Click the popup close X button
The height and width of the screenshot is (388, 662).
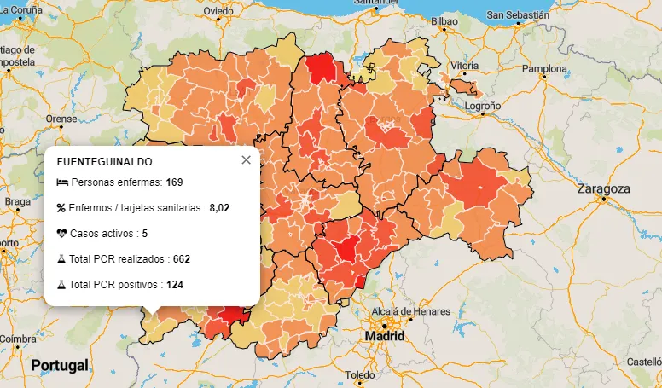click(x=246, y=159)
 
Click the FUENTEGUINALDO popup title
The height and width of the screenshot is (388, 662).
click(x=104, y=160)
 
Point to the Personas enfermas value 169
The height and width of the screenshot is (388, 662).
click(x=175, y=182)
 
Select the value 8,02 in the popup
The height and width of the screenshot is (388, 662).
click(x=219, y=207)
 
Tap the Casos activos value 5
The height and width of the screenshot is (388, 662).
click(x=145, y=233)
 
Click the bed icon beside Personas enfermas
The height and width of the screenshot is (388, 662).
click(x=61, y=182)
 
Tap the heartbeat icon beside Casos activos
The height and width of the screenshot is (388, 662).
click(x=61, y=233)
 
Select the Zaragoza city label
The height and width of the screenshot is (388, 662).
click(x=603, y=188)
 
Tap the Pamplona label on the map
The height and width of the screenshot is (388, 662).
click(x=544, y=68)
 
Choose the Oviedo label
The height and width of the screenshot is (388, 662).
click(x=218, y=11)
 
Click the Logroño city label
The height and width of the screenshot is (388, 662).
click(x=483, y=106)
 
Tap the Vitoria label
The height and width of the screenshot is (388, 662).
click(x=465, y=66)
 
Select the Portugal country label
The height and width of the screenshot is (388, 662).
click(x=60, y=365)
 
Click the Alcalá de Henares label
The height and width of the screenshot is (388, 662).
click(x=402, y=310)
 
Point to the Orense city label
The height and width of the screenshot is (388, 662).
click(x=61, y=119)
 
